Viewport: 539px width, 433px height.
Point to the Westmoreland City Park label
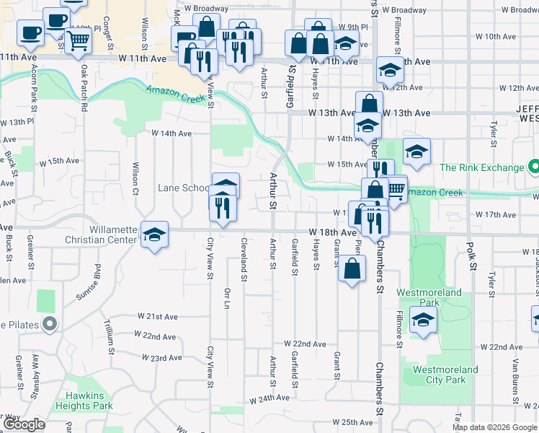coord(445,375)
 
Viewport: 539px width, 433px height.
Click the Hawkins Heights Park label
coord(90,401)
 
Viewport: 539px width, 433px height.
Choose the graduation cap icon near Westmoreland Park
coord(422,320)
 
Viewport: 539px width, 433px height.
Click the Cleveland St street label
coord(244,260)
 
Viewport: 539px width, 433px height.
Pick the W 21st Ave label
coord(157,317)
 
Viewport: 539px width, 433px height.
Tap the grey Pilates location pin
coord(49,325)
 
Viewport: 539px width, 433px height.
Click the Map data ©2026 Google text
coord(494,427)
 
